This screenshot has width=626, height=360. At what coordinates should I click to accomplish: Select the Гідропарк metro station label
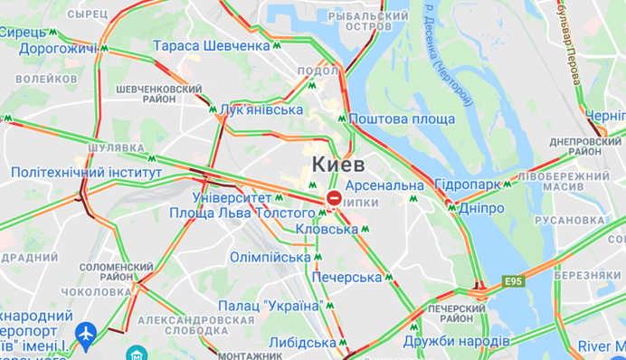coord(467,185)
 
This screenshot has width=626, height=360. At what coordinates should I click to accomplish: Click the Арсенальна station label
coord(384,185)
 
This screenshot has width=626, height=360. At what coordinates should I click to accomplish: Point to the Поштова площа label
coord(402,118)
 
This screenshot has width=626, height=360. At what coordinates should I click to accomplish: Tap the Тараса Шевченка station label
coord(211,45)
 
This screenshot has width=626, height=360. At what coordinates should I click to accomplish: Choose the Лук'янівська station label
coord(261,109)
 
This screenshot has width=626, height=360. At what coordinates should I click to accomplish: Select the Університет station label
coord(232,196)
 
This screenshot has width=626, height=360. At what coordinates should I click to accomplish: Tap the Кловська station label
coord(327,230)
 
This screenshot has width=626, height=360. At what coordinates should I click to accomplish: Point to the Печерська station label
coord(346,278)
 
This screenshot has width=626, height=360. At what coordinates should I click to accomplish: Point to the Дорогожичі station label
coord(58,48)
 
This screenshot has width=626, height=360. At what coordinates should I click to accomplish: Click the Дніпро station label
coord(480,208)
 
